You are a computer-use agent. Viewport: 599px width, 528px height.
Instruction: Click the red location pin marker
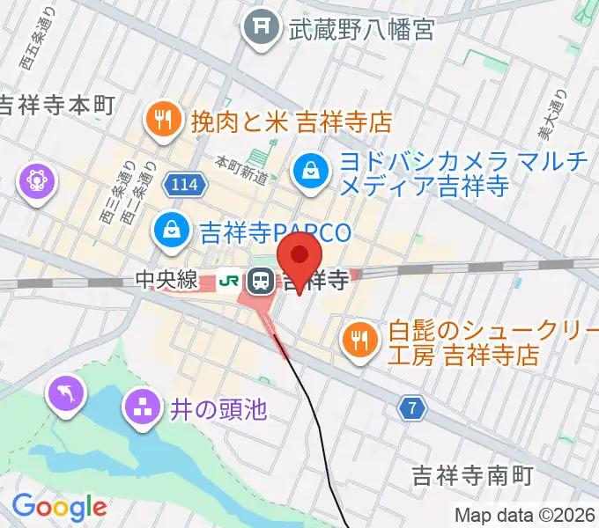[299, 256]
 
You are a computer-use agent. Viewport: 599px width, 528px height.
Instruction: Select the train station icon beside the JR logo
[261, 281]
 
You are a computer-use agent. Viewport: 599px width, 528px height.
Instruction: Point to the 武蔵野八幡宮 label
[361, 29]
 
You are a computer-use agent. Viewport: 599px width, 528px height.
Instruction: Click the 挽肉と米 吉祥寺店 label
[290, 121]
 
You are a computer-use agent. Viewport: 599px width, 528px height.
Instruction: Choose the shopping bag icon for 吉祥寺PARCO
[171, 231]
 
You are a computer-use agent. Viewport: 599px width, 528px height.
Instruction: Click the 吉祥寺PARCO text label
[275, 233]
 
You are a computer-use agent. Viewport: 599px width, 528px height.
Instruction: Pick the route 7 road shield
[412, 407]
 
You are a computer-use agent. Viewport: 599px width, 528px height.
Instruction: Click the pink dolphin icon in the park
[68, 392]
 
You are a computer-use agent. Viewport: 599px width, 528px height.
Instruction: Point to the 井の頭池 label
[216, 408]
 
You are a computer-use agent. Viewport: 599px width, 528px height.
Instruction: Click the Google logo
[59, 507]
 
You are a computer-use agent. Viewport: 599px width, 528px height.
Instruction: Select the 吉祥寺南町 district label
[472, 476]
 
